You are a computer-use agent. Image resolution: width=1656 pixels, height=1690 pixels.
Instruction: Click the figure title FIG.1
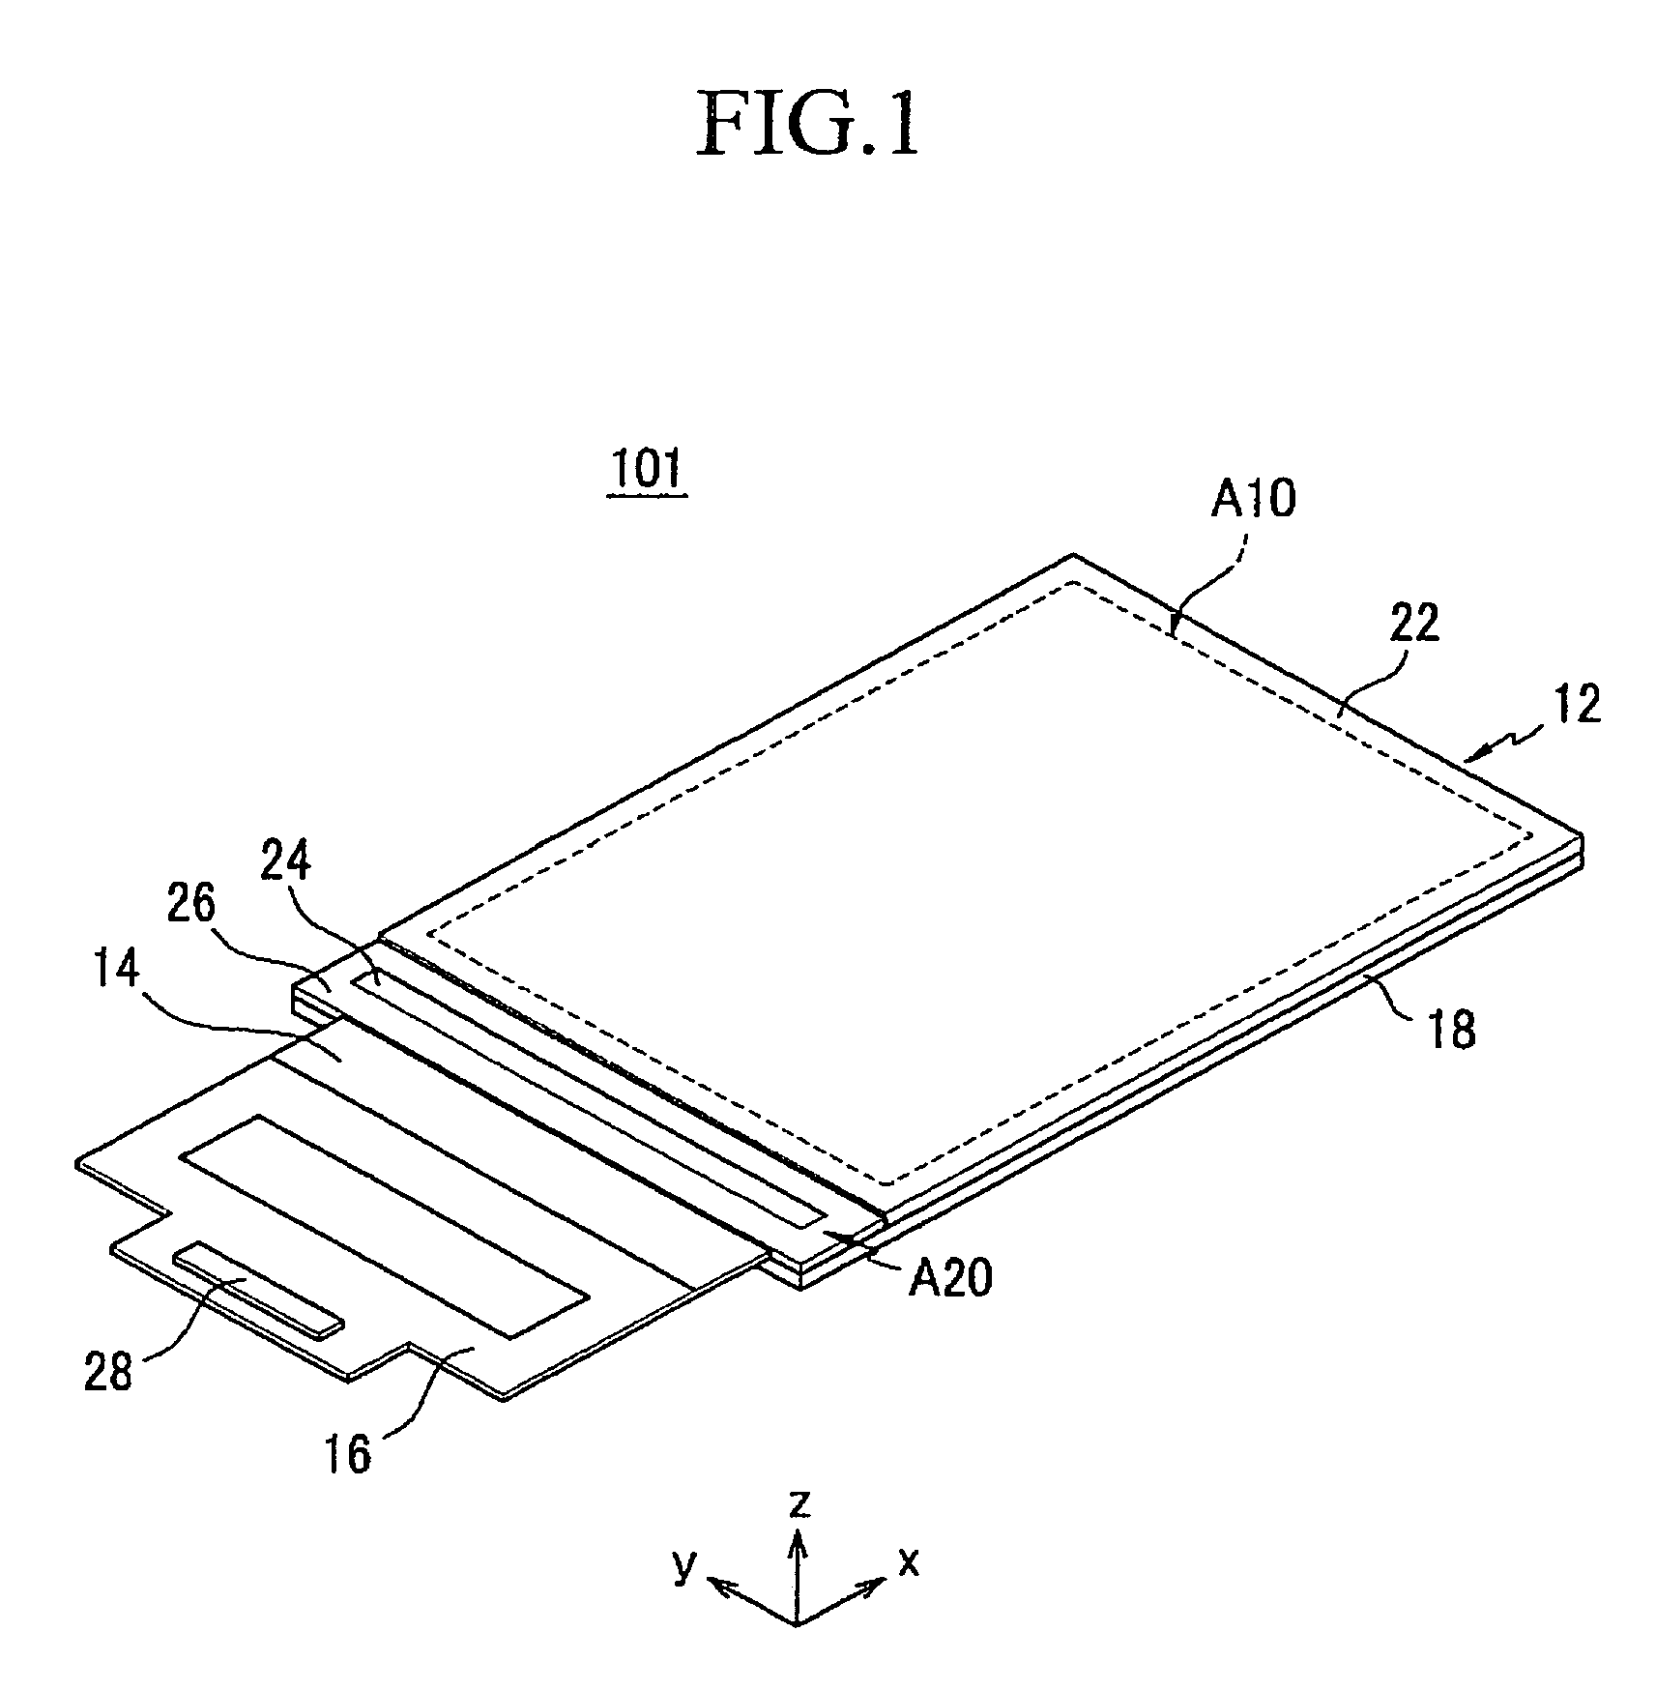[x=807, y=123]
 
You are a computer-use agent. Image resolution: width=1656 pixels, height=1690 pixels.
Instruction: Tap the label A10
[x=1253, y=500]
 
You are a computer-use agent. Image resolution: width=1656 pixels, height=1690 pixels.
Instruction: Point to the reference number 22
[x=1407, y=623]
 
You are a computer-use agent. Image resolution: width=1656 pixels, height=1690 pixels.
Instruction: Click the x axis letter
[x=909, y=1588]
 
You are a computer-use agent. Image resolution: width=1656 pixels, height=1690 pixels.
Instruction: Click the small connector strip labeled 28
[x=258, y=1287]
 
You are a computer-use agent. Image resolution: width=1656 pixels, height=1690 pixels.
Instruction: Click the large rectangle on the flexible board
[x=385, y=1227]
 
